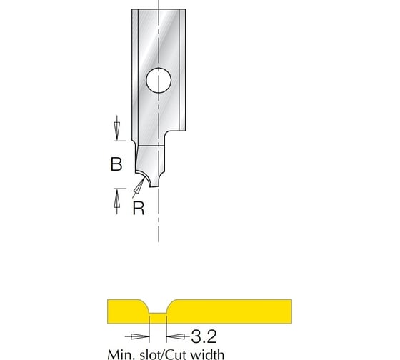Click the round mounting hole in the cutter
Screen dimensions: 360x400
[159, 81]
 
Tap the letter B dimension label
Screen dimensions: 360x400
[116, 165]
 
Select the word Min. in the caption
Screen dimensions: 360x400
[121, 353]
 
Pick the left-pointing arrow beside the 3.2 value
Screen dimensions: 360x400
[173, 334]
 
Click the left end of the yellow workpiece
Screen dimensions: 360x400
[111, 311]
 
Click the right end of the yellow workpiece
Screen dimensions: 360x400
[289, 311]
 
